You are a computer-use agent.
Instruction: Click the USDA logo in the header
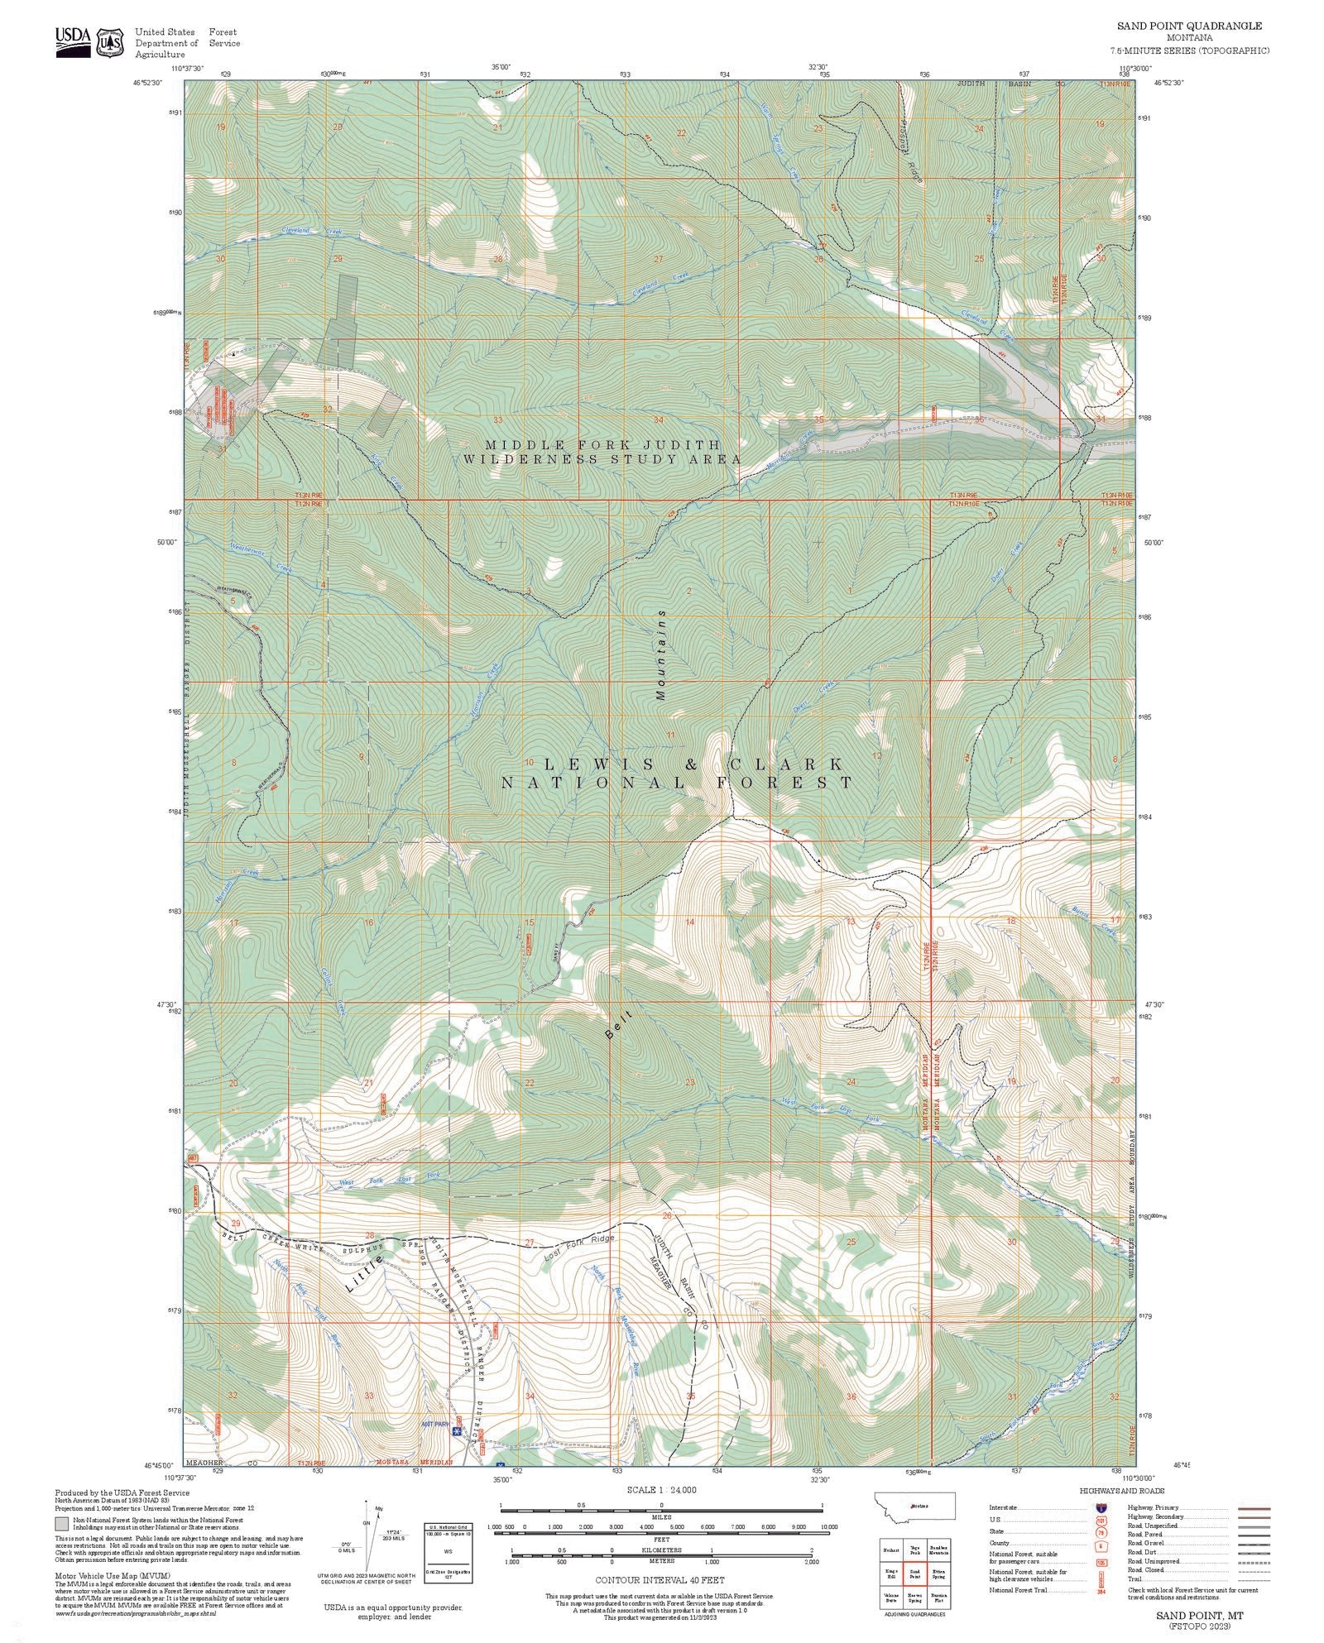coord(74,41)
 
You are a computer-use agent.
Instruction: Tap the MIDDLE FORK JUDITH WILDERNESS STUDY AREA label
coord(602,452)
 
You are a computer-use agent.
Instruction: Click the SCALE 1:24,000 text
coord(661,1489)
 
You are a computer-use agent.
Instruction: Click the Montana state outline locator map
coord(914,1506)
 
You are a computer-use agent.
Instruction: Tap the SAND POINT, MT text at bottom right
coord(1194,1615)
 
